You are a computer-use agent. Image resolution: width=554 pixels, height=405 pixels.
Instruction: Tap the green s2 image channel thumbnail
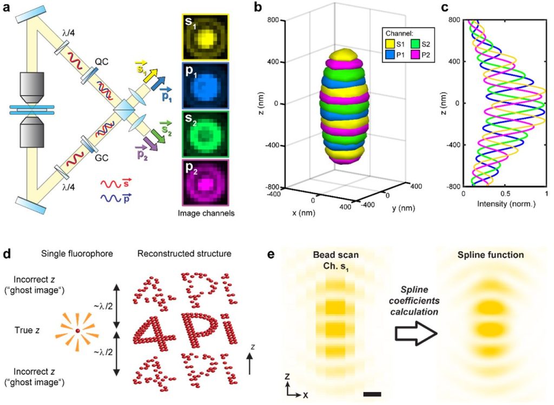coord(205,134)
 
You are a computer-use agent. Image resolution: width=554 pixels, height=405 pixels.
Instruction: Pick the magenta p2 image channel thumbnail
coord(205,182)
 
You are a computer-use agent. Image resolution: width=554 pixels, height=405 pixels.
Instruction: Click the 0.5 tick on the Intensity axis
coord(505,193)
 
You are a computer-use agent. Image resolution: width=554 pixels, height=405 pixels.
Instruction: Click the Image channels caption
coord(206,213)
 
